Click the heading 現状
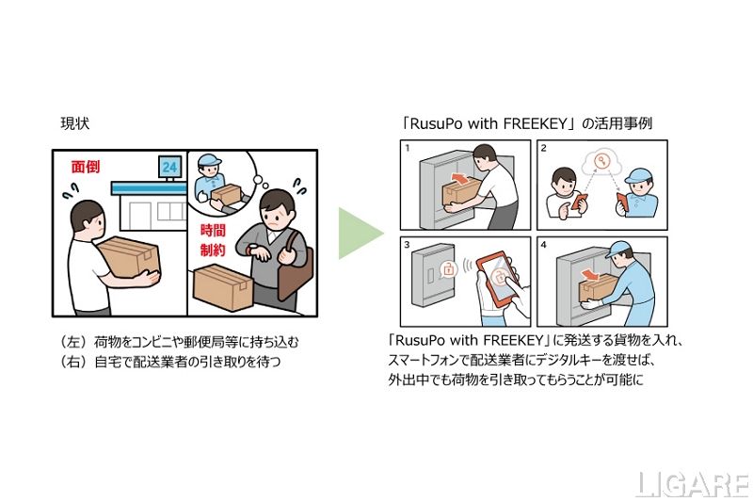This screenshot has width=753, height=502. point(75,123)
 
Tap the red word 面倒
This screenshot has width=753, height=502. point(86,167)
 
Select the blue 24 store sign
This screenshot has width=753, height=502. point(169,167)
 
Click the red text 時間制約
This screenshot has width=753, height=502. point(213,240)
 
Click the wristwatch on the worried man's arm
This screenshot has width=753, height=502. point(250,251)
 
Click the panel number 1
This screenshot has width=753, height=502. point(408,148)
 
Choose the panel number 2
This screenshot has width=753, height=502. point(544,148)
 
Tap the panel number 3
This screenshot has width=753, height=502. point(408,245)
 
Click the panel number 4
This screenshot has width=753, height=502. point(544,245)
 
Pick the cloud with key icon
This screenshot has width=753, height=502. point(601,163)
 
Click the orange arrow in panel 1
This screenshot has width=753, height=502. point(461,180)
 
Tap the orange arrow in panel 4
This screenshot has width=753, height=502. point(591,275)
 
